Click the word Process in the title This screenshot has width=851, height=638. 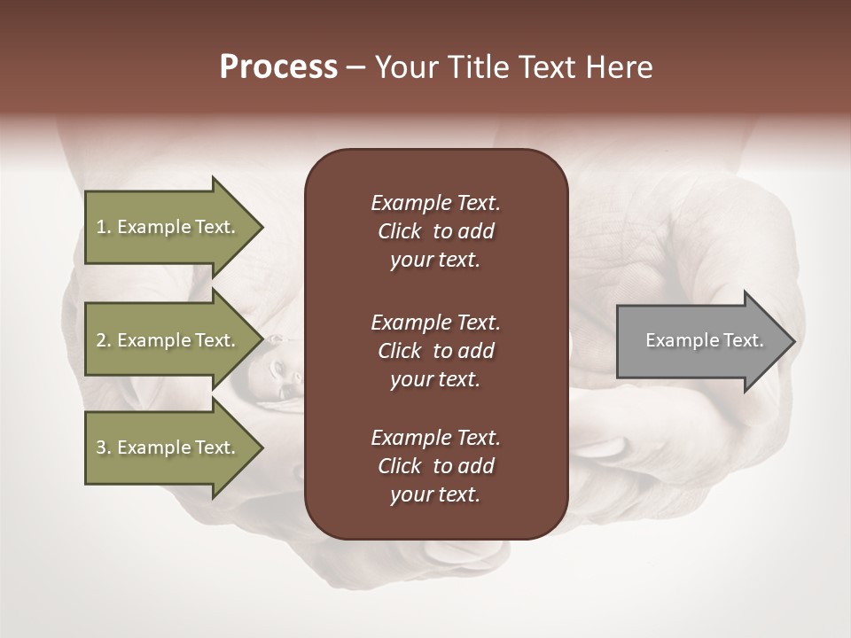(278, 67)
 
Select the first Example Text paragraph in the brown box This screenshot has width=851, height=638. (435, 231)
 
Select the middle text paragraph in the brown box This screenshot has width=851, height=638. (435, 351)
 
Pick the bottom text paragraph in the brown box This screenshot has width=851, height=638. (435, 466)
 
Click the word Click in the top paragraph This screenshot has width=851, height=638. (399, 231)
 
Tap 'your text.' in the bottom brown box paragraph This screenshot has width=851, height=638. (435, 494)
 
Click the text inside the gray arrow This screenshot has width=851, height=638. (704, 340)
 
